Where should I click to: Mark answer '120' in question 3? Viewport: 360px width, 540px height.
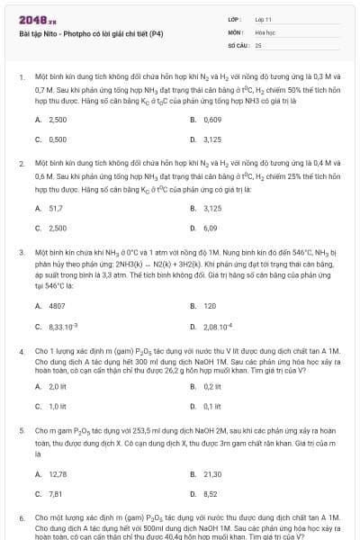click(x=210, y=306)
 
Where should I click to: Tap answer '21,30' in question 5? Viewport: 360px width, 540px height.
click(x=212, y=473)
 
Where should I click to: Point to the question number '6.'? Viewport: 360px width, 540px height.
click(x=22, y=518)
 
